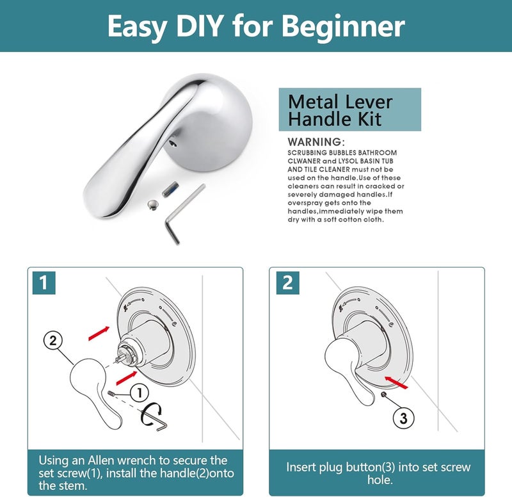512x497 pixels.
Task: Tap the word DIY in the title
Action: (x=200, y=26)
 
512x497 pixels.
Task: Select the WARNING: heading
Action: (x=316, y=142)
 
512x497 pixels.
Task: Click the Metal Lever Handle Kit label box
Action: (x=349, y=110)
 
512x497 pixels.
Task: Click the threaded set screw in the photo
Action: (x=170, y=189)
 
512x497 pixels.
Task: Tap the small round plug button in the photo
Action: (x=152, y=204)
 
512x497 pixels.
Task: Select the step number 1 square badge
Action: (x=44, y=282)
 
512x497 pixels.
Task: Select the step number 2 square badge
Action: (x=287, y=282)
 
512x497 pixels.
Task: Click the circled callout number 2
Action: (x=53, y=341)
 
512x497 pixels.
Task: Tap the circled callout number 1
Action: (x=140, y=393)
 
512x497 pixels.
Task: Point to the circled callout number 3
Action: (x=403, y=418)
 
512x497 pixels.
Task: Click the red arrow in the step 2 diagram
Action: (x=396, y=382)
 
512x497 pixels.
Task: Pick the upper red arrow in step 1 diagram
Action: (x=99, y=333)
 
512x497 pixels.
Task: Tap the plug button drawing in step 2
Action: (x=384, y=395)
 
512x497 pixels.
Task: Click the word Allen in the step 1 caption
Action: (x=100, y=460)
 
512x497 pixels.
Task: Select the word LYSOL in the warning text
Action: (x=348, y=161)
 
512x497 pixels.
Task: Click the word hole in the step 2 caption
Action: (x=380, y=480)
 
